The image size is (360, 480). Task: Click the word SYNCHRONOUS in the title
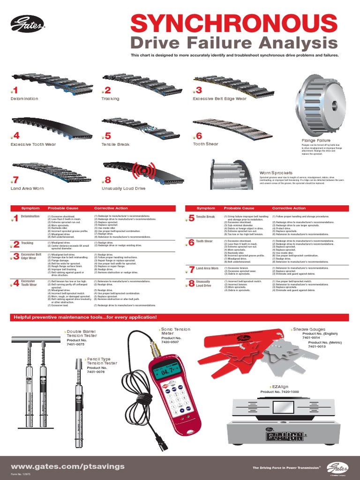click(x=234, y=23)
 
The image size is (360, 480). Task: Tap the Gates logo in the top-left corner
click(x=27, y=24)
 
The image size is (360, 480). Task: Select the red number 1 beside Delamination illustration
click(x=15, y=90)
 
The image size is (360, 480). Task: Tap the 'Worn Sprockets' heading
click(x=276, y=173)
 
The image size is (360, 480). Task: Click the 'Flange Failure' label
click(x=316, y=141)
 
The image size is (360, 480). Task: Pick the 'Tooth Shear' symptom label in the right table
click(x=204, y=241)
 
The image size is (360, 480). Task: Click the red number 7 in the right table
click(x=191, y=270)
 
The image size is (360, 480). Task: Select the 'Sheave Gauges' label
click(x=309, y=330)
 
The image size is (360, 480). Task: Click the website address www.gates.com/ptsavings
click(x=68, y=466)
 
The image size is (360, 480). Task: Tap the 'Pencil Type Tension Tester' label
click(x=102, y=361)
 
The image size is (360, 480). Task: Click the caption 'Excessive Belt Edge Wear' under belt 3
click(x=220, y=99)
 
